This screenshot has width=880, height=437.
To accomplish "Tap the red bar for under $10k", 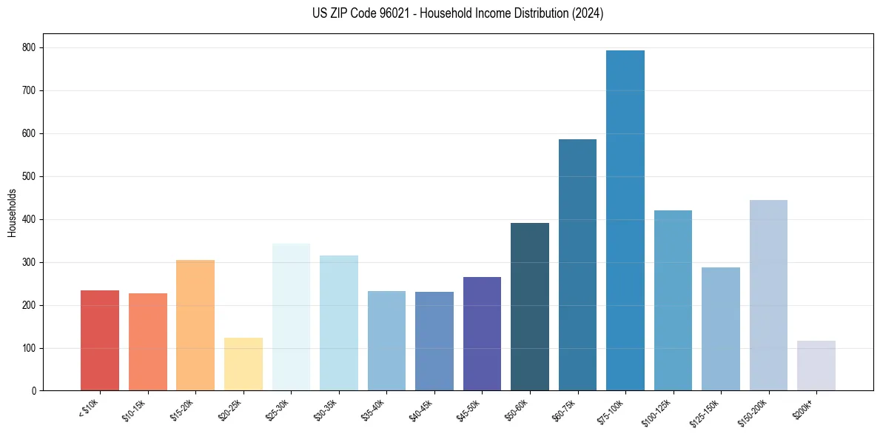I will click(100, 340).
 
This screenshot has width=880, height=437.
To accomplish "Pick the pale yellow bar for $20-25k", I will click(243, 364).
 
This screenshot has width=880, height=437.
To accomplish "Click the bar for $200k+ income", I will click(816, 365).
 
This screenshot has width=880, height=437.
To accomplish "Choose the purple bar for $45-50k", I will click(482, 333).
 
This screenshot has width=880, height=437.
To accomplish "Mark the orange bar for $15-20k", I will click(195, 325).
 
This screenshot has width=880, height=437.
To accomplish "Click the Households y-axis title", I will click(12, 213).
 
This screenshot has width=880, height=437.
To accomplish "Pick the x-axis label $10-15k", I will click(134, 409).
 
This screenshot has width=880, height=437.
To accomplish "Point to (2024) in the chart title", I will click(587, 13).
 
